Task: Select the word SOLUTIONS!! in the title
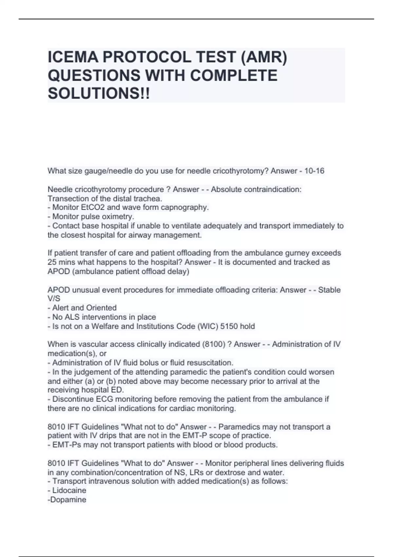[x=99, y=94]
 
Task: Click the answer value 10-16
[x=314, y=171]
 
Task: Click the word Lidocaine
[x=69, y=490]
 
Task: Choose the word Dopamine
[x=68, y=500]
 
